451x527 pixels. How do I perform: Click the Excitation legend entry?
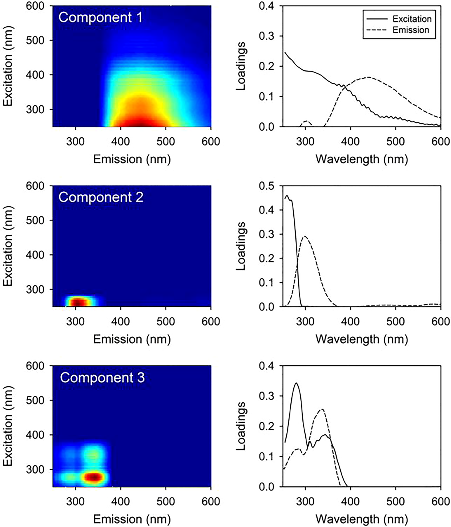[x=411, y=19]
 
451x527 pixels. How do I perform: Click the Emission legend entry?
[x=410, y=30]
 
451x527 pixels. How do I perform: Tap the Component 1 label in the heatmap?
[x=100, y=17]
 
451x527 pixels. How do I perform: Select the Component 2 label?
[x=101, y=197]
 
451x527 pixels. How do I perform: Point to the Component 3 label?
[x=102, y=378]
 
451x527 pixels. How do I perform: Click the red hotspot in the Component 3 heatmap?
[x=94, y=477]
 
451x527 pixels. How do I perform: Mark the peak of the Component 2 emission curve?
[x=305, y=236]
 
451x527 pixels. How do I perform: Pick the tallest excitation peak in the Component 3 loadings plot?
[x=296, y=383]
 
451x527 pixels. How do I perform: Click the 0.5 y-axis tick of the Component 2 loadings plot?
[x=266, y=186]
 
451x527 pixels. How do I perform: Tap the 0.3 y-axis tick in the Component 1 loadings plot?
[x=266, y=36]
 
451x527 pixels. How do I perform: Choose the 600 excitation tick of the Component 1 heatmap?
[x=35, y=6]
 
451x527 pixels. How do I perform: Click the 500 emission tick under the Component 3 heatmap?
[x=166, y=501]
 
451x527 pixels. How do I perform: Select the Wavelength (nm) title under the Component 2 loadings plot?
[x=362, y=339]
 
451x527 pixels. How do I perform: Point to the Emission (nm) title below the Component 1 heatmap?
[x=132, y=159]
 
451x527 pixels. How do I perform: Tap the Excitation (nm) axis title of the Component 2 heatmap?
[x=8, y=246]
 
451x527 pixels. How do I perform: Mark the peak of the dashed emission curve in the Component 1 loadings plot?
[x=368, y=77]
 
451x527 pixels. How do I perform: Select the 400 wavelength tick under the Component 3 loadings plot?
[x=350, y=501]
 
